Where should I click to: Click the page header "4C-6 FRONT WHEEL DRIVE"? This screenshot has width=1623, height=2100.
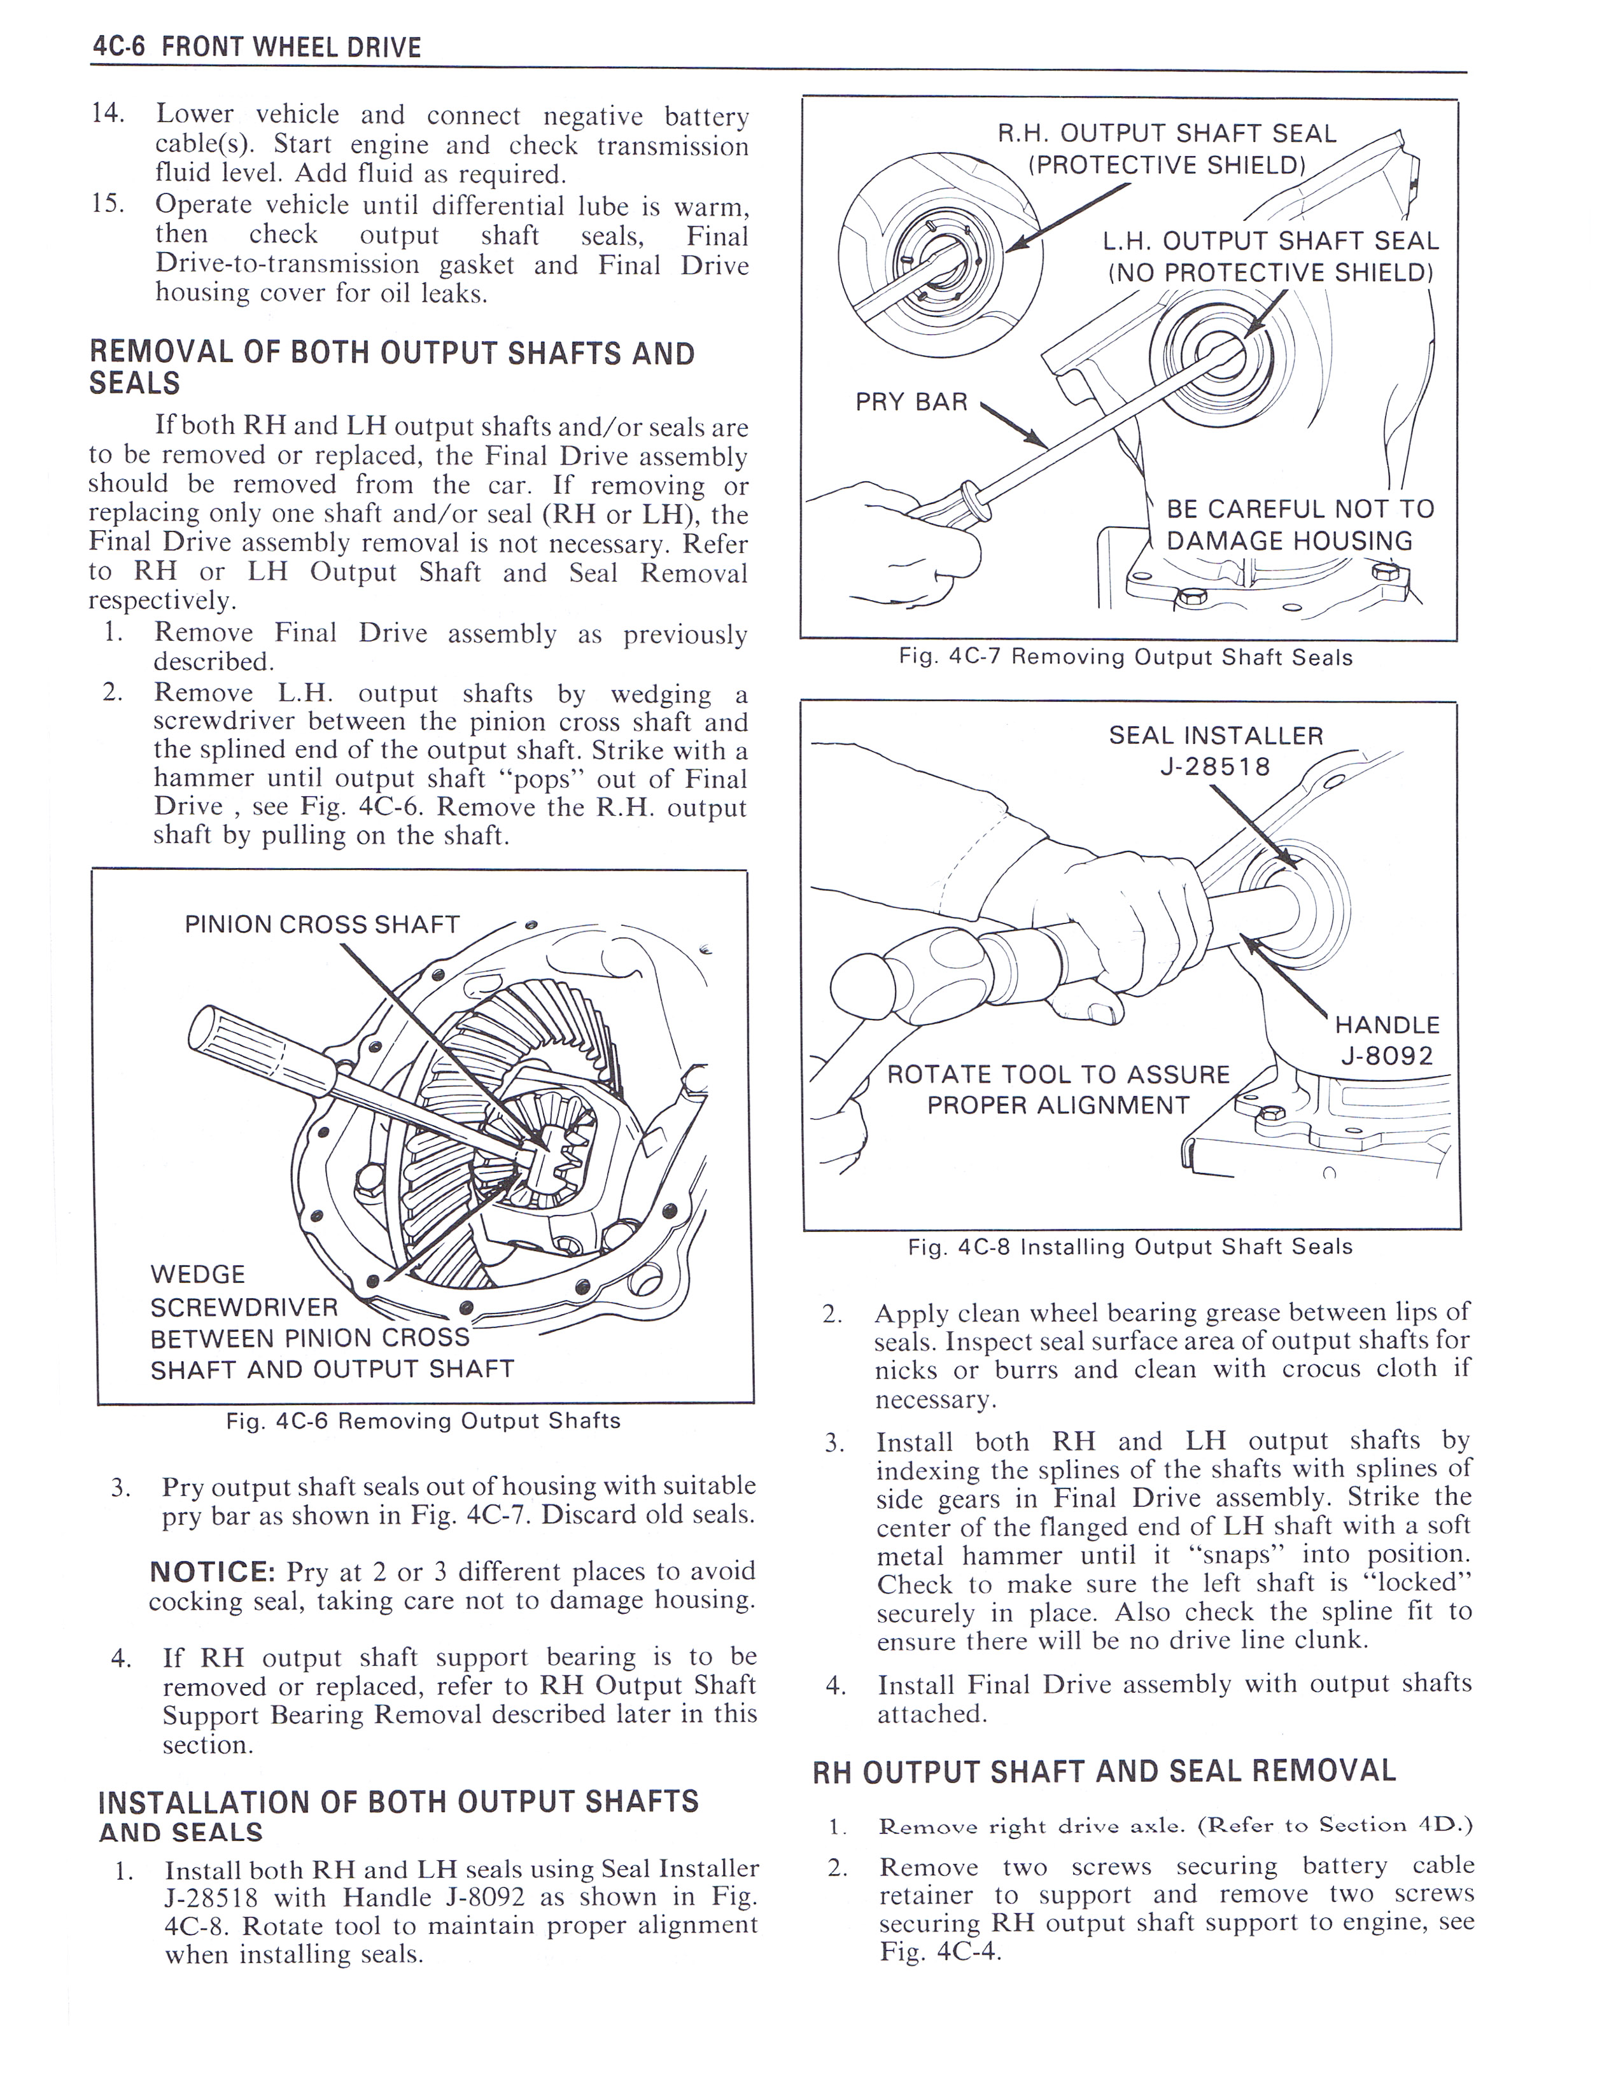[x=256, y=47]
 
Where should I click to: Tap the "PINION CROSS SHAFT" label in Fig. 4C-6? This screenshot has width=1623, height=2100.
[x=322, y=924]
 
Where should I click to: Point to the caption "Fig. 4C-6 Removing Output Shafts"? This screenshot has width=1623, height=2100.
[x=423, y=1420]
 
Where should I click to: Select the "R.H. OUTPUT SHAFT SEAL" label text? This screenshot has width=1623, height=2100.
[x=1166, y=134]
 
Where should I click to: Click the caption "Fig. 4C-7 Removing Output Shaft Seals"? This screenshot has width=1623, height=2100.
[x=1125, y=658]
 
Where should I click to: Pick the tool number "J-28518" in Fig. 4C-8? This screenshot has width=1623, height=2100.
[x=1215, y=766]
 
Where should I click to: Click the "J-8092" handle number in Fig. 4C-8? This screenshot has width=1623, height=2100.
[x=1386, y=1056]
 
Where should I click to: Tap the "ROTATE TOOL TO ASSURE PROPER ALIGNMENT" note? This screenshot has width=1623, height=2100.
[x=1058, y=1089]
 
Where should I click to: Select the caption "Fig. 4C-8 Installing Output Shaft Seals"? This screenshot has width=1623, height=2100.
[x=1130, y=1247]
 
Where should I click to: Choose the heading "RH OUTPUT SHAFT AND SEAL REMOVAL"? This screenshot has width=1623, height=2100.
[x=1104, y=1771]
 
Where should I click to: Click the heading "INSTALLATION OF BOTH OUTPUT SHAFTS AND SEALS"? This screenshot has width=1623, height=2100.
[x=398, y=1816]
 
